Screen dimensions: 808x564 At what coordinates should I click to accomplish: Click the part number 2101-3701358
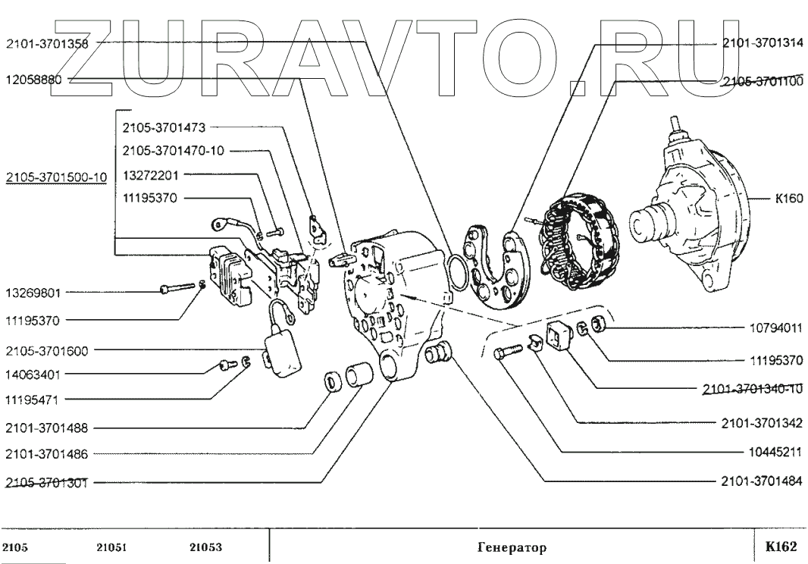point(47,44)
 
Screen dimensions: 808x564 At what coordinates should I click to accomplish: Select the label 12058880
point(33,80)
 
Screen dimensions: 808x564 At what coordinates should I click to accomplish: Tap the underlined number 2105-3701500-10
point(56,178)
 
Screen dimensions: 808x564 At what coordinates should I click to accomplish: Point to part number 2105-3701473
point(164,127)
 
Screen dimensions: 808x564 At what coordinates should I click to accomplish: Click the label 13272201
point(151,175)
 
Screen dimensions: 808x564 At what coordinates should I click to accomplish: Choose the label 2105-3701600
point(47,351)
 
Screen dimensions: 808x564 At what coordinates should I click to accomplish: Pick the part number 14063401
point(33,374)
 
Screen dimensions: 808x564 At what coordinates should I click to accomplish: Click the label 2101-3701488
point(47,428)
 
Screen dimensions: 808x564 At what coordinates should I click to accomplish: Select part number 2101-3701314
point(762,43)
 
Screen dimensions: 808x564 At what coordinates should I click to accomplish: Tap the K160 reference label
point(789,199)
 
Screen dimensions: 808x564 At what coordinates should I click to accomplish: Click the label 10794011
point(775,328)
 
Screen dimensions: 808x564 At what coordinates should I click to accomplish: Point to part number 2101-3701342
point(762,423)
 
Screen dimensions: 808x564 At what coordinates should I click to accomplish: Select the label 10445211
point(775,452)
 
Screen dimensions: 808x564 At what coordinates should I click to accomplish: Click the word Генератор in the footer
point(512,547)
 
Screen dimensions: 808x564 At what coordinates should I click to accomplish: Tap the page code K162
point(781,547)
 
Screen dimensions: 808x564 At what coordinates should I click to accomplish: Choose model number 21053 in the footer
point(206,547)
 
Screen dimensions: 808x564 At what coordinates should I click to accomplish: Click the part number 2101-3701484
point(762,481)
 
